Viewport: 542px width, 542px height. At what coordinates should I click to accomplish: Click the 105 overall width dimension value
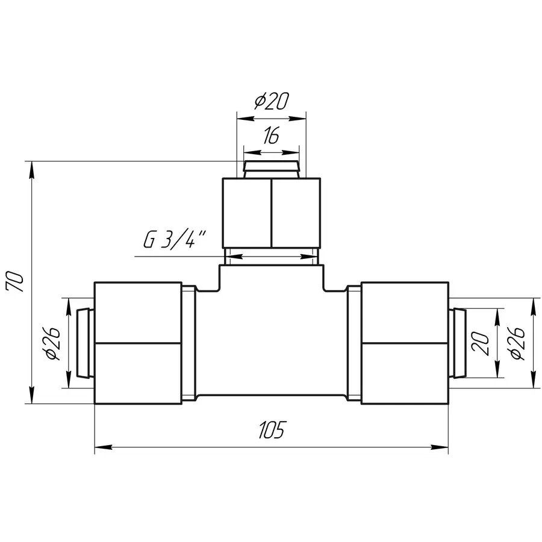coord(272,429)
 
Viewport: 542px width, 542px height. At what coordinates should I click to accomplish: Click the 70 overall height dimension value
coord(16,282)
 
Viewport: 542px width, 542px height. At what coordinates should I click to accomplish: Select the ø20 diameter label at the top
coord(272,102)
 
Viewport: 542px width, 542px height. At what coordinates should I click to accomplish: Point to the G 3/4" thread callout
coord(175,239)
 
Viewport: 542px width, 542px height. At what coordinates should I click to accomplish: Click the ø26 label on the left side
coord(52,343)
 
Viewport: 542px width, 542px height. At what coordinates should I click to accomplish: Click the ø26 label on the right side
coord(517,343)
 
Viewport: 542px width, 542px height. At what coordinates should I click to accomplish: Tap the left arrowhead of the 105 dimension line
coord(104,447)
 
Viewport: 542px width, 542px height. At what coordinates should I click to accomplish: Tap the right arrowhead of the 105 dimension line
coord(440,447)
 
